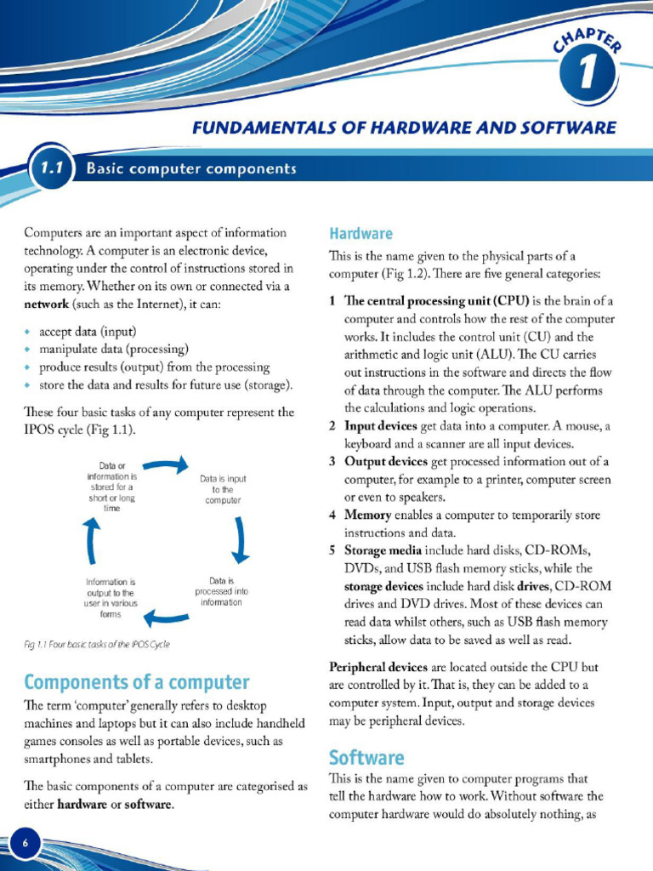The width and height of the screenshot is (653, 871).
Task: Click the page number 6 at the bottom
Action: (25, 843)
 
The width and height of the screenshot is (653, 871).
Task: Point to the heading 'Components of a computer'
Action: (137, 681)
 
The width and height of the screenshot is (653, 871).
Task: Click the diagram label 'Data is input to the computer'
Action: (223, 490)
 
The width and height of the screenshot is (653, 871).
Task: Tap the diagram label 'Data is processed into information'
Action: (221, 592)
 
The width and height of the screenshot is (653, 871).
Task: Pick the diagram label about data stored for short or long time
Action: (112, 487)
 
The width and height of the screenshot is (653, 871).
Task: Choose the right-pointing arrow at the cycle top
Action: (166, 464)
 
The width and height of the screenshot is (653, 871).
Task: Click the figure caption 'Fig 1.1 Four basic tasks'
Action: (97, 644)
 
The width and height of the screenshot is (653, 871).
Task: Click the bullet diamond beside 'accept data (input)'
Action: (29, 332)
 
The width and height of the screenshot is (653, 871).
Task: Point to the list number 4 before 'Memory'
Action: (332, 515)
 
